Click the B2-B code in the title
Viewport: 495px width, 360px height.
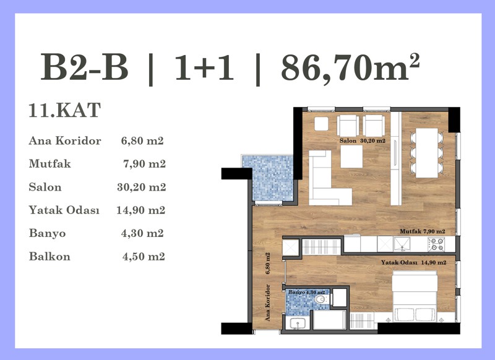point(84,67)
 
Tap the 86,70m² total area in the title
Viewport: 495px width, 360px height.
point(350,67)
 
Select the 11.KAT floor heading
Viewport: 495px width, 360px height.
point(65,110)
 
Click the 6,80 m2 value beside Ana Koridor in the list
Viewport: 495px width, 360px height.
point(142,140)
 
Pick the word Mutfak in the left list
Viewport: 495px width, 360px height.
point(50,164)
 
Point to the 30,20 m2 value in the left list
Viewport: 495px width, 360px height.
point(142,187)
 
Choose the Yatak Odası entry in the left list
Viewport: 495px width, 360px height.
point(64,210)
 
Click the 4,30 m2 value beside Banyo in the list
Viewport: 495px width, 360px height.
point(142,233)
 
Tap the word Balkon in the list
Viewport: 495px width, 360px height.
point(49,256)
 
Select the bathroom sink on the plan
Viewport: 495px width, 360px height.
point(297,323)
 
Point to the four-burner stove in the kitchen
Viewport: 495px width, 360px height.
point(436,244)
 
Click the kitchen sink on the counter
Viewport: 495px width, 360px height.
point(402,244)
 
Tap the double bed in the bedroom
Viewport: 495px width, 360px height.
point(415,298)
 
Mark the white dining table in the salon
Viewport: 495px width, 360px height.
point(426,153)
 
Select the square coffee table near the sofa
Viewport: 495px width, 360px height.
point(351,156)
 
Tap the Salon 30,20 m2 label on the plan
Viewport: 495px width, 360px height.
point(363,141)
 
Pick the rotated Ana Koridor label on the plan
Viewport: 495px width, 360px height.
point(268,303)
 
